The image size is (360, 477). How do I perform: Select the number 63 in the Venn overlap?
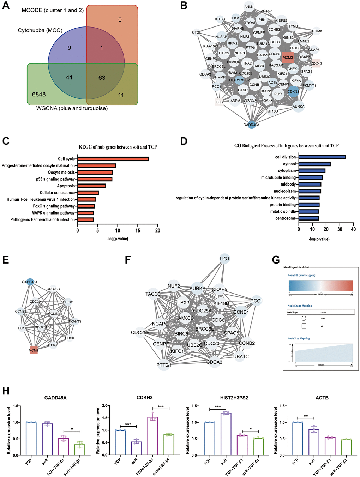102,78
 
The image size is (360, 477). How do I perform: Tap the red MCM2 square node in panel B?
288,57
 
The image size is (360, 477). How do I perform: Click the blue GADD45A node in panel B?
251,125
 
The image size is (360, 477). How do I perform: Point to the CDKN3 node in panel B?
293,91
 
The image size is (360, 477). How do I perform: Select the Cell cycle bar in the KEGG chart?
113,159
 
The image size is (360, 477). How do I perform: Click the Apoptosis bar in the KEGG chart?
92,186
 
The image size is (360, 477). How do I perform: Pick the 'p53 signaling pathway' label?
55,179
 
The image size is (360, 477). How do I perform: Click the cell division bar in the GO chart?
322,157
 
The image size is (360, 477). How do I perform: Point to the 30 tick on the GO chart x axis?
340,229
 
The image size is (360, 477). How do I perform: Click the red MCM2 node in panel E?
34,350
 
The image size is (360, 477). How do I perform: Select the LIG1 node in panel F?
224,259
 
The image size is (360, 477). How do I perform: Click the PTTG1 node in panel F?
164,365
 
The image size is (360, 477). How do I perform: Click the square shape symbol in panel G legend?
304,326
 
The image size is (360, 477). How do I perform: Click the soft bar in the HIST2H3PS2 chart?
224,434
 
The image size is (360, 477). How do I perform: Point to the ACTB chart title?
322,398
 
